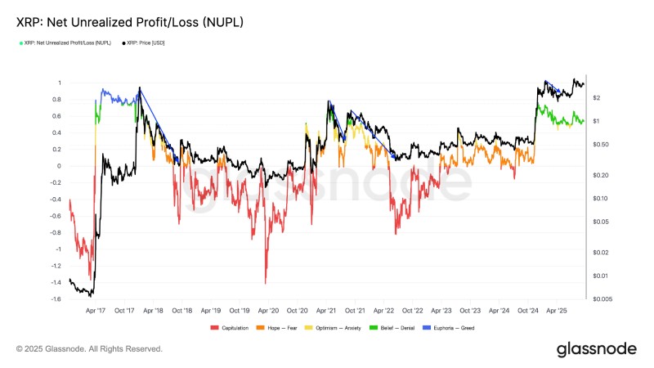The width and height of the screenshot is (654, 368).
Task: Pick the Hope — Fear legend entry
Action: (283, 328)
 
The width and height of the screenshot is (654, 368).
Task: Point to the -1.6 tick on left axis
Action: (56, 299)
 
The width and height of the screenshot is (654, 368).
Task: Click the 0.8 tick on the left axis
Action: (57, 100)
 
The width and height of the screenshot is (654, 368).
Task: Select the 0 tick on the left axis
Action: (60, 166)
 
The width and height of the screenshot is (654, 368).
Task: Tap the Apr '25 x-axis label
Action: (557, 311)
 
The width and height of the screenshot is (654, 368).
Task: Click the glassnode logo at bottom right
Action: (596, 349)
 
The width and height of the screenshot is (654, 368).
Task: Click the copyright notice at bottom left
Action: (89, 349)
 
